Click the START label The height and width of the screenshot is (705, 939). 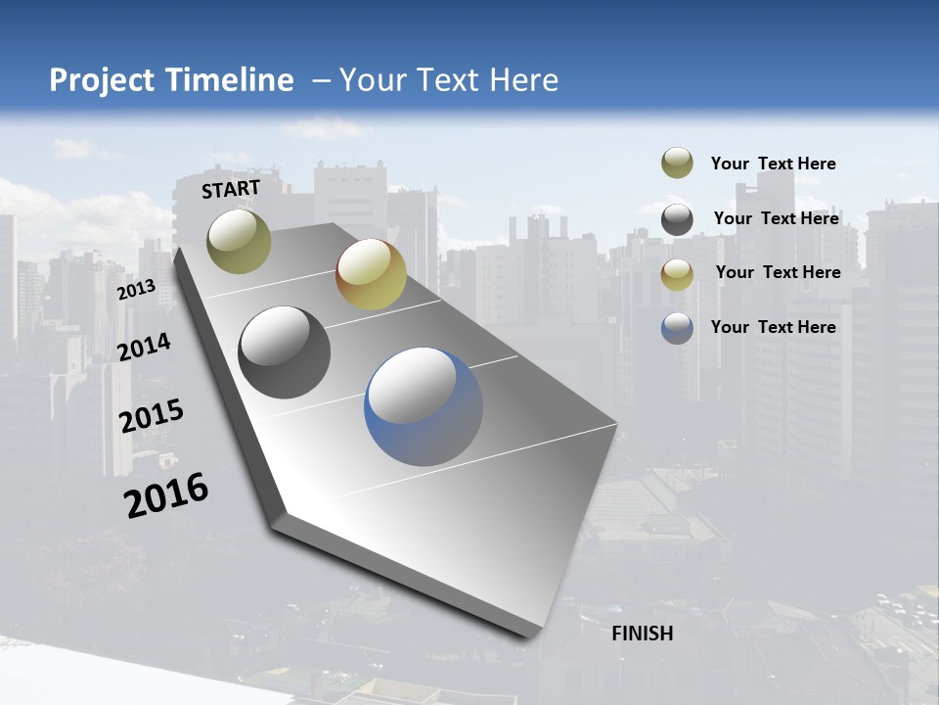[231, 189]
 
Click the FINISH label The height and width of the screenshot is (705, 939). [642, 634]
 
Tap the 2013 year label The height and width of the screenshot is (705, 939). [137, 290]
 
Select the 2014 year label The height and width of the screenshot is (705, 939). [145, 347]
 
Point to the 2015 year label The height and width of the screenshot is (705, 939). [152, 416]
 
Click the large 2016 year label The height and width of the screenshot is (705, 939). [166, 494]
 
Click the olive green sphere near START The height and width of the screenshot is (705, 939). [239, 241]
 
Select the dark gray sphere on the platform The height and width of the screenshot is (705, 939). [284, 352]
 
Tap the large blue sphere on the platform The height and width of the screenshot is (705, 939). [424, 406]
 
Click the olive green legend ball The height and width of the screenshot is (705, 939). [677, 163]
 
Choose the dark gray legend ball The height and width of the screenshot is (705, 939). [677, 218]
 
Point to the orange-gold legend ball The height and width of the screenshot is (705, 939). [677, 273]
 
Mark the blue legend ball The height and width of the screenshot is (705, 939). [677, 327]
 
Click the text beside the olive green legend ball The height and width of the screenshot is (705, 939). [773, 164]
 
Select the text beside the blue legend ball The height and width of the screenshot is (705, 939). [773, 327]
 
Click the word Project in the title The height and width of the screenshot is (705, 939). [100, 80]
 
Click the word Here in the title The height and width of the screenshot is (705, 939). [523, 80]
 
